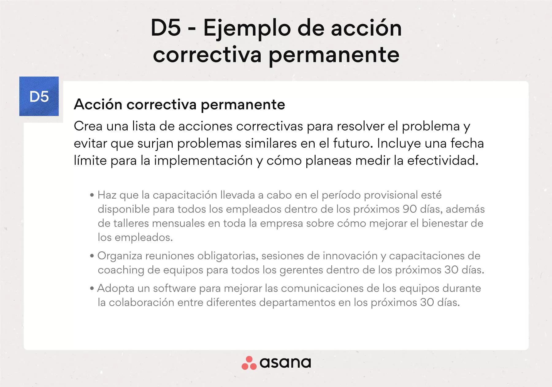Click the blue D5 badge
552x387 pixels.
click(39, 96)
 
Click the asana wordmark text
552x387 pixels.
click(285, 363)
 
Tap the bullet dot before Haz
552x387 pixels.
click(92, 195)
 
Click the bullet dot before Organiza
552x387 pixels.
click(92, 256)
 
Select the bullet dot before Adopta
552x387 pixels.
click(92, 289)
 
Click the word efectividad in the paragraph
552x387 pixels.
click(443, 161)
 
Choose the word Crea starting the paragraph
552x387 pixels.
click(88, 126)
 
